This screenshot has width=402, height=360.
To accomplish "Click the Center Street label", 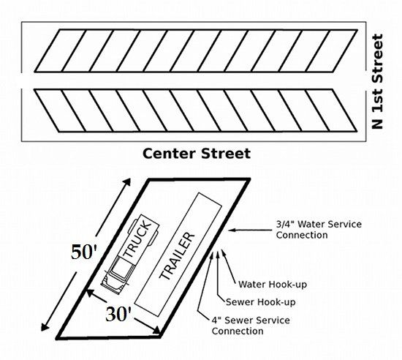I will (x=196, y=154).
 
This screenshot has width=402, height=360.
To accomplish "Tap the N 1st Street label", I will (x=378, y=81).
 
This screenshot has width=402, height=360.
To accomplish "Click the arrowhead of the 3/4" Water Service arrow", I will (x=230, y=230).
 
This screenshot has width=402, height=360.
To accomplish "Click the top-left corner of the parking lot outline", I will (x=148, y=179).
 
